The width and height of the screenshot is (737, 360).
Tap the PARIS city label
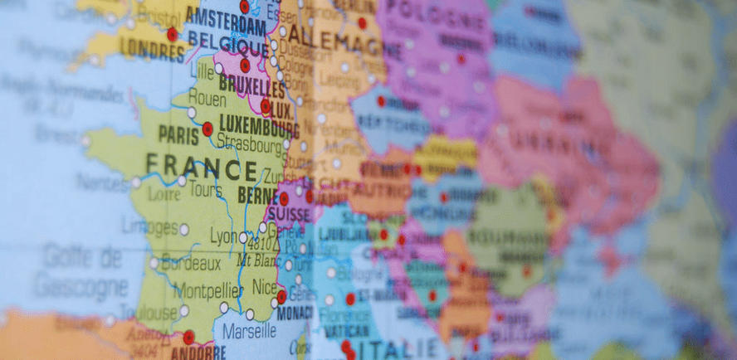178,134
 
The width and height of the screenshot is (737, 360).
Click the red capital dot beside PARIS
207,129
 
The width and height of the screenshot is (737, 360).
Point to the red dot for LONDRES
172,34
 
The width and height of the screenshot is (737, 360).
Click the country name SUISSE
286,214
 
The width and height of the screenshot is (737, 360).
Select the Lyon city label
222,236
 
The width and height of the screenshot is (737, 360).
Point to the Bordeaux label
190,265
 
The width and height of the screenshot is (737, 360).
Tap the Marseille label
250,331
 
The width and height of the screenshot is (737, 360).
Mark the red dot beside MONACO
281,297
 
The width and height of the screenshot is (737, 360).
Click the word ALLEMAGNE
335,37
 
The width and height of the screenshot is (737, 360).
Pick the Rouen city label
207,98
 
